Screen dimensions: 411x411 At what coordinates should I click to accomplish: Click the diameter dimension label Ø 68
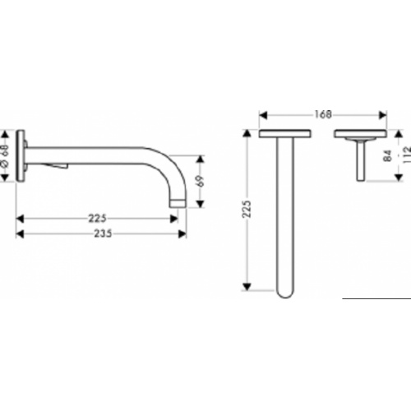7,157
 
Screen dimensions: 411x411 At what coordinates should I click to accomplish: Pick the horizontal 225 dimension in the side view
96,219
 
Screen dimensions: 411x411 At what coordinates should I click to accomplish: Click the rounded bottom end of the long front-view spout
284,292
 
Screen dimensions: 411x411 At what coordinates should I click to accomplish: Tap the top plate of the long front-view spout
284,134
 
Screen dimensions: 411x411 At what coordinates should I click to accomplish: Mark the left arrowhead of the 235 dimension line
21,233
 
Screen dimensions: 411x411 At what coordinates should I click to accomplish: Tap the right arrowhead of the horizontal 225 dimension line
174,219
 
